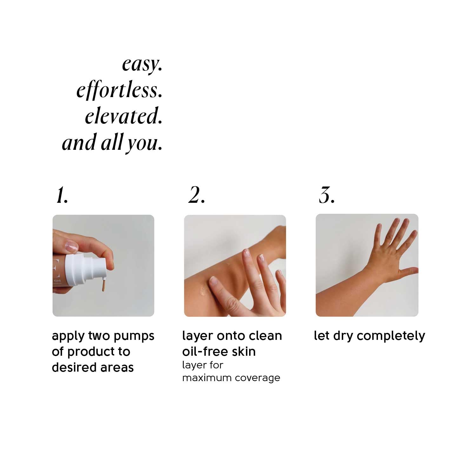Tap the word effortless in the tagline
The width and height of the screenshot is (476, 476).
click(119, 90)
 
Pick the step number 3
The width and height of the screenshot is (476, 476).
click(327, 195)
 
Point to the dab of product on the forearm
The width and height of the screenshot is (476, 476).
click(202, 290)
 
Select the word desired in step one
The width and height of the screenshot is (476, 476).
click(71, 367)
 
